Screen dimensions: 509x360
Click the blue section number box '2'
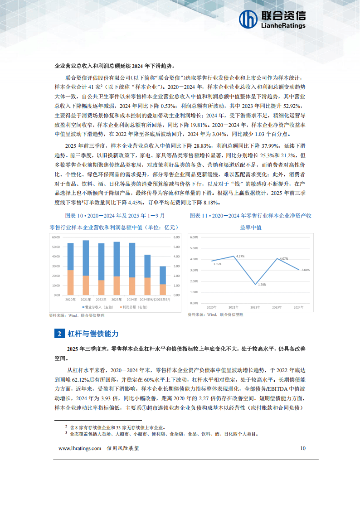pos(59,334)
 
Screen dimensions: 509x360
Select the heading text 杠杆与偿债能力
pos(93,334)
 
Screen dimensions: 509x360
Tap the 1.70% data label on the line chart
pos(262,284)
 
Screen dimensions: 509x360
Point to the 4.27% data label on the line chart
pos(240,256)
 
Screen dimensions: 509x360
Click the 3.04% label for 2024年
pos(306,270)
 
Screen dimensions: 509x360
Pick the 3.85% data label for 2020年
pos(217,264)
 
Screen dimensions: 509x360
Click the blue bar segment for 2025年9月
pos(162,275)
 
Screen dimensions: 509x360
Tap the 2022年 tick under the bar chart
pos(101,300)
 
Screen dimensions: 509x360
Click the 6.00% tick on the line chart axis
pos(194,237)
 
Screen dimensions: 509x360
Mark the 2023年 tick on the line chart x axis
pos(277,307)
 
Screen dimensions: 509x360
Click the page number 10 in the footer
pos(303,448)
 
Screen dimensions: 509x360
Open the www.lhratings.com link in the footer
pos(80,448)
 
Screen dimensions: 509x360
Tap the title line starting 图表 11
pos(250,215)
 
